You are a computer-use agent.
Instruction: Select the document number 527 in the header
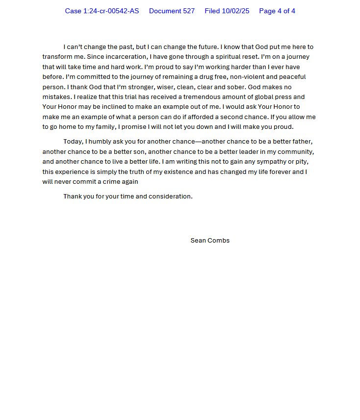(x=187, y=11)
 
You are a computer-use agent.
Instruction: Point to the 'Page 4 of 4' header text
(x=277, y=11)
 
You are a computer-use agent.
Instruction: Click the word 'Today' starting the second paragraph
(x=73, y=142)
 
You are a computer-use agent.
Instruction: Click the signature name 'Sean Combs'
(x=210, y=241)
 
